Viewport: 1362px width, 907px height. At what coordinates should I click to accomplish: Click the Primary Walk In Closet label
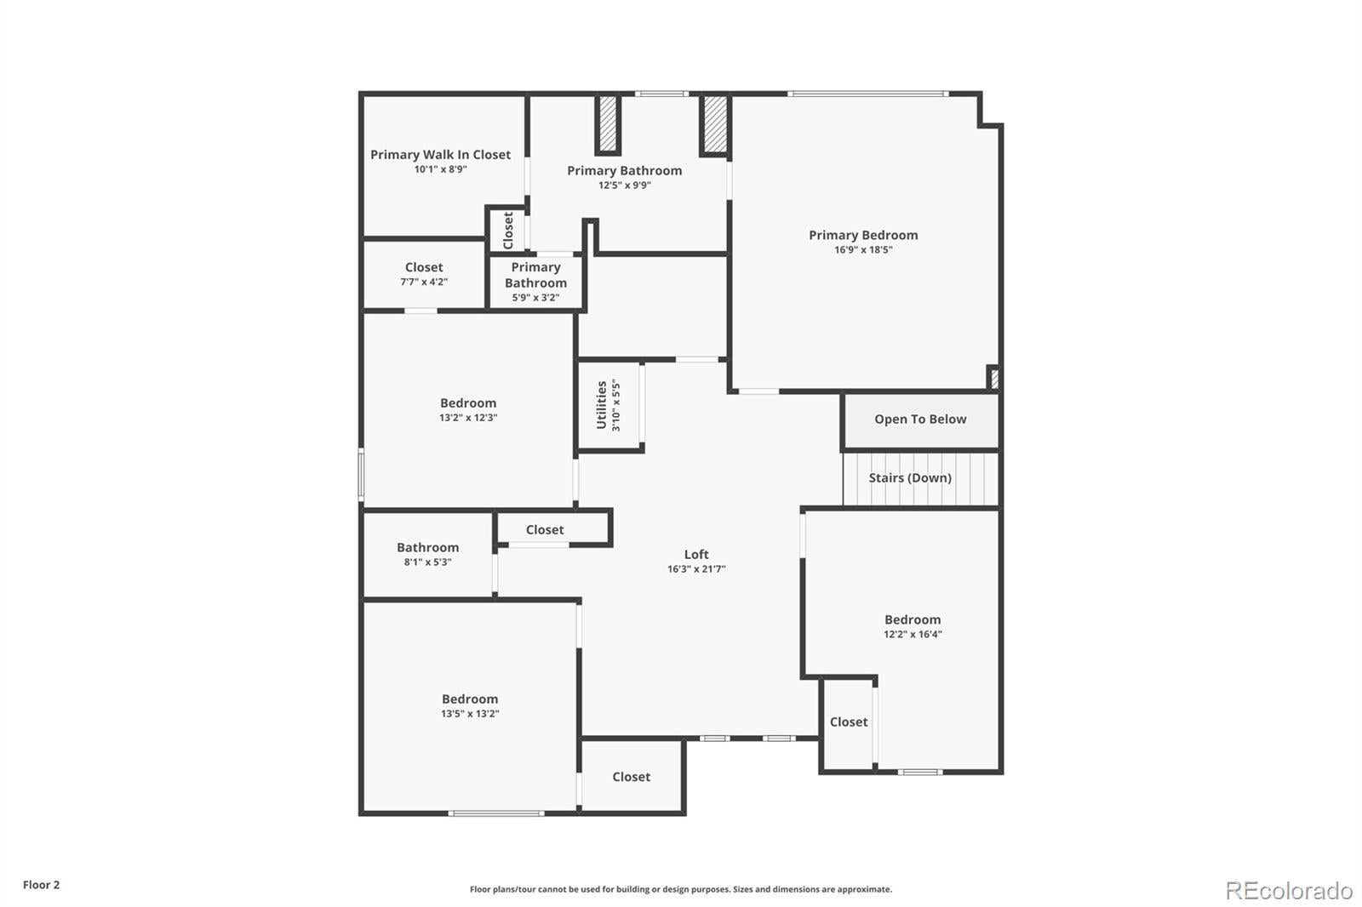[440, 155]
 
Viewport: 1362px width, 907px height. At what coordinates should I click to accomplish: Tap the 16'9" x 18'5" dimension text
[863, 250]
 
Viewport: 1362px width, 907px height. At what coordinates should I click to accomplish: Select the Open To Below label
[920, 419]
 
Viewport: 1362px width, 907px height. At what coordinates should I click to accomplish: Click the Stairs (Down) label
[910, 478]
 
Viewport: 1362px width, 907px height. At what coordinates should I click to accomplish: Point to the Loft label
[696, 555]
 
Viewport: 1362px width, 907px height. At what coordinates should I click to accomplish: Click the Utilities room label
[601, 405]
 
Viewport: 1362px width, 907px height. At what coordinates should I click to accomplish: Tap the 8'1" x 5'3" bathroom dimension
[427, 562]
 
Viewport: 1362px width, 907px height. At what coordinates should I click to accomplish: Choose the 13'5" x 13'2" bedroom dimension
[470, 714]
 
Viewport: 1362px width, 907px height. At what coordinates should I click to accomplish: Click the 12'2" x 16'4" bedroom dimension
[913, 634]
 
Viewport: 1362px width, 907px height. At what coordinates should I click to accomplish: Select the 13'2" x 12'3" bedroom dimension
[468, 418]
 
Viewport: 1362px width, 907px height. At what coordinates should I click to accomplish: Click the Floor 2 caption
[42, 885]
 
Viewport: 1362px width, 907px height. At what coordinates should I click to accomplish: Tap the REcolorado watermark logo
[1289, 891]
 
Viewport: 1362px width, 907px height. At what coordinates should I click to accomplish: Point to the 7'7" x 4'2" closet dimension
[424, 282]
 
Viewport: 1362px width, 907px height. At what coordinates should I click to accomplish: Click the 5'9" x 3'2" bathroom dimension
[535, 298]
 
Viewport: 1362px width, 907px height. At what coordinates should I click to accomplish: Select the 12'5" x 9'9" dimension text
[625, 185]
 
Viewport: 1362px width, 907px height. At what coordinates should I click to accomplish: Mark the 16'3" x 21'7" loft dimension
[696, 569]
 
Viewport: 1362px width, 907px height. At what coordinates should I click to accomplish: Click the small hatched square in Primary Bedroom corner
[993, 378]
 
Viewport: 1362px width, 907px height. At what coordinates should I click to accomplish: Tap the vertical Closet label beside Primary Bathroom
[508, 231]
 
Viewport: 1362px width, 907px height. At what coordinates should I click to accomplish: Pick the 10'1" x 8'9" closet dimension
[440, 169]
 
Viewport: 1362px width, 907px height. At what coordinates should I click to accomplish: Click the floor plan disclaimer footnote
[681, 889]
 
